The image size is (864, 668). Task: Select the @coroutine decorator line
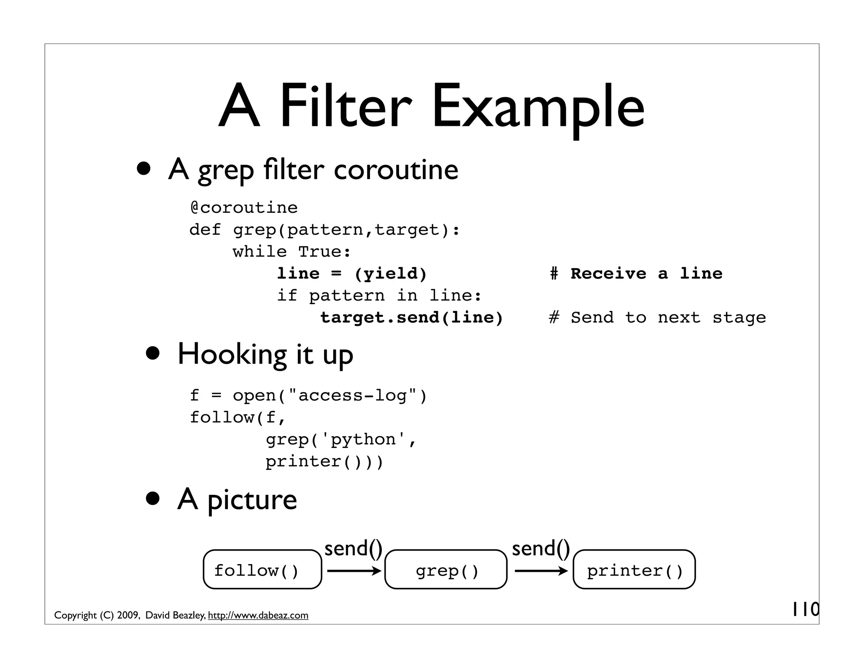[x=244, y=208]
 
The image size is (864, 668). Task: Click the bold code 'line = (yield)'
[x=352, y=274]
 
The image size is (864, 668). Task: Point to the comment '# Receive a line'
[x=636, y=274]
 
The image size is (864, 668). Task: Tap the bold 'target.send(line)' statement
[x=412, y=318]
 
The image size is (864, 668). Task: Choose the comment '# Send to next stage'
[x=657, y=318]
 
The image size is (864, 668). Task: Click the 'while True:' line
[x=292, y=252]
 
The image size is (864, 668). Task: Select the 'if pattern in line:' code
[x=379, y=296]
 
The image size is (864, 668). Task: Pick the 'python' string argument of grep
[x=363, y=440]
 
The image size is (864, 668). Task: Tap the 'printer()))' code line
[x=324, y=462]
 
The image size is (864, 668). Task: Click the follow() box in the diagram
[x=262, y=569]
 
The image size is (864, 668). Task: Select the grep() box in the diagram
[x=446, y=569]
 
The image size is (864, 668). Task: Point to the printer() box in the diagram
[x=634, y=569]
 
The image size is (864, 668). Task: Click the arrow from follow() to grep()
[x=354, y=571]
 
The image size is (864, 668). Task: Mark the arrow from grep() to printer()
[x=541, y=571]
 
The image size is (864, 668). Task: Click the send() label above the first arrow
[x=353, y=549]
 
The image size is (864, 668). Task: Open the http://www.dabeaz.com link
[x=258, y=615]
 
